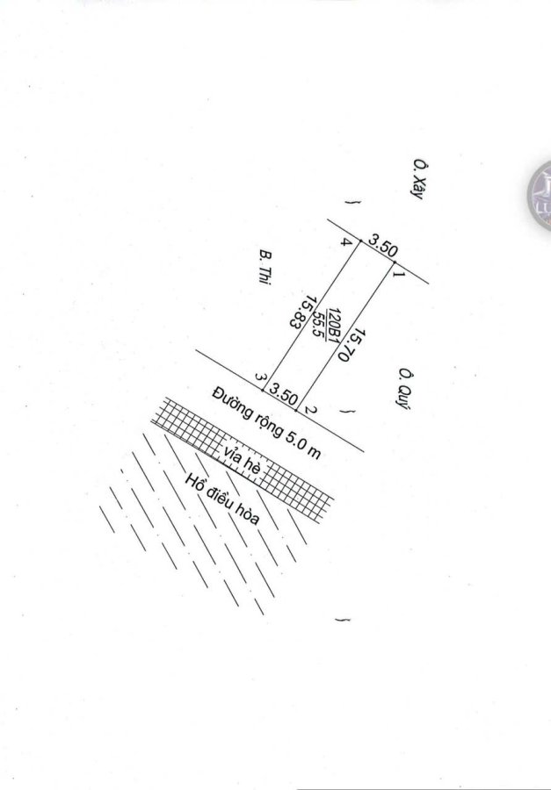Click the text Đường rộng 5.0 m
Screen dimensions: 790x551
click(266, 424)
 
